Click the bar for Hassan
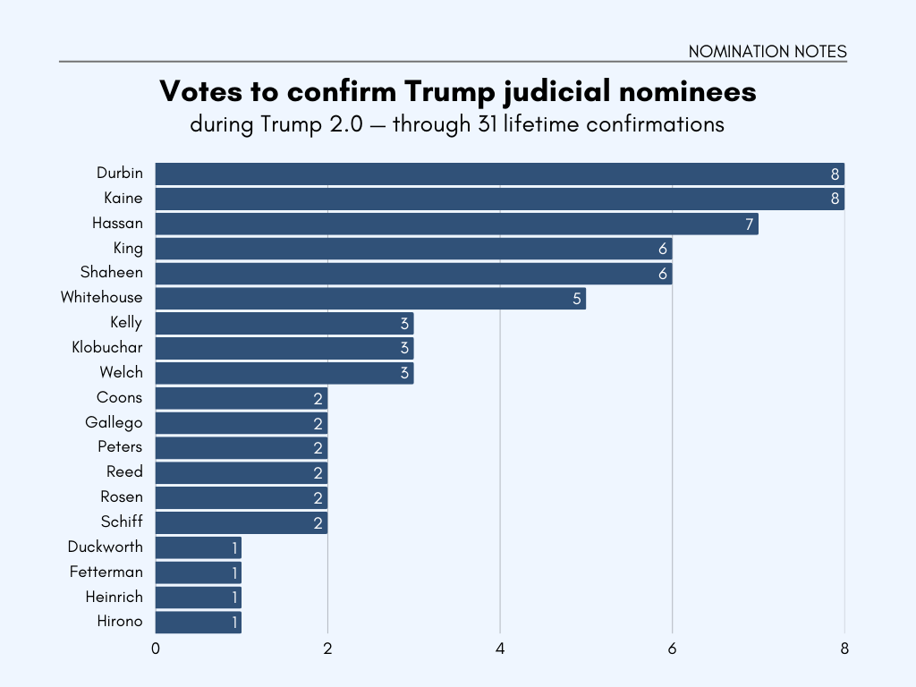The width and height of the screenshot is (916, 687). click(x=456, y=224)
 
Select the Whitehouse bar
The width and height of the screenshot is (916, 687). click(x=370, y=298)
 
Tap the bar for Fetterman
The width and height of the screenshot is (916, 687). click(x=198, y=572)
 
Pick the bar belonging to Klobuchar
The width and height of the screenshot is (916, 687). click(x=284, y=348)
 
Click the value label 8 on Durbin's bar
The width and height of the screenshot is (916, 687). click(x=835, y=174)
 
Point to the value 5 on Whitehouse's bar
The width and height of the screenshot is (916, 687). click(x=577, y=299)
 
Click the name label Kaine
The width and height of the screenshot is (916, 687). click(x=123, y=198)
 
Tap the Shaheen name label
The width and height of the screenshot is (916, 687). click(x=112, y=273)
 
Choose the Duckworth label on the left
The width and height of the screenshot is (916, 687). click(x=105, y=547)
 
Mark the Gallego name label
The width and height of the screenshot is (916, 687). click(x=114, y=422)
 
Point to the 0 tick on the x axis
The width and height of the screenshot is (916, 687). click(x=156, y=649)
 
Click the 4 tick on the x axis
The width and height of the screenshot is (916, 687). click(x=500, y=649)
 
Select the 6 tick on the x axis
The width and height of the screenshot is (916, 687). click(x=672, y=649)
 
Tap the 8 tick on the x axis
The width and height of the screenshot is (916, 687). click(x=844, y=649)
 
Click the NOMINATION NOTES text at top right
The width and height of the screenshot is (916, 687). click(x=767, y=52)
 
